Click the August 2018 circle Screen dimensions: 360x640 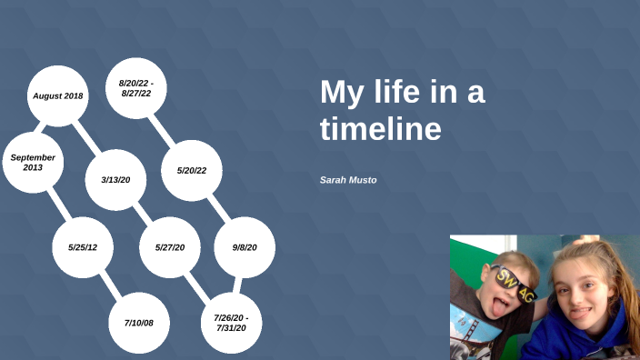pyautogui.click(x=58, y=95)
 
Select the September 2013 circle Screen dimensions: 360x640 pyautogui.click(x=34, y=162)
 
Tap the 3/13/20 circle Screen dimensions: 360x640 pyautogui.click(x=116, y=179)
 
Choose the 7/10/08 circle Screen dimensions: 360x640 pyautogui.click(x=139, y=323)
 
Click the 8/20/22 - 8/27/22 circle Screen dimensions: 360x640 pyautogui.click(x=136, y=88)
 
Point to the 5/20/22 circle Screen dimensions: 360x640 pyautogui.click(x=192, y=171)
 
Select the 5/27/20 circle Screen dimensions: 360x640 pyautogui.click(x=170, y=247)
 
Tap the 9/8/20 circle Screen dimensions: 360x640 pyautogui.click(x=245, y=247)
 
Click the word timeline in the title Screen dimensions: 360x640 pyautogui.click(x=380, y=129)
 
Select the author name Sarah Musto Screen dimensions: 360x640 pyautogui.click(x=348, y=180)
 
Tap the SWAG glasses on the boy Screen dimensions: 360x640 pyautogui.click(x=513, y=281)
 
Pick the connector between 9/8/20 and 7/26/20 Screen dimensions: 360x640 pyautogui.click(x=238, y=285)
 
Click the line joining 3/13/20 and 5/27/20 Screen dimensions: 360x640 pyautogui.click(x=143, y=213)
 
